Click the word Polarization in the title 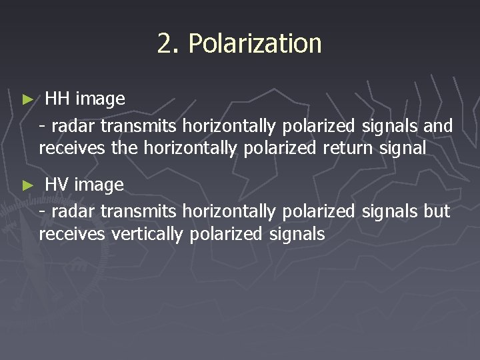tap(255, 44)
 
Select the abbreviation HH tap(57, 99)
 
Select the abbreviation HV tap(57, 185)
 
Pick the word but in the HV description tap(437, 211)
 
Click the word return tap(346, 148)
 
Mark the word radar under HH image tap(69, 125)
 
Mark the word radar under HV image tap(69, 211)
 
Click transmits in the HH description tap(136, 125)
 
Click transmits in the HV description tap(136, 211)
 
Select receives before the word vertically tap(73, 234)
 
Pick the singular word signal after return tap(402, 148)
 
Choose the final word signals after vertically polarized tap(297, 234)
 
